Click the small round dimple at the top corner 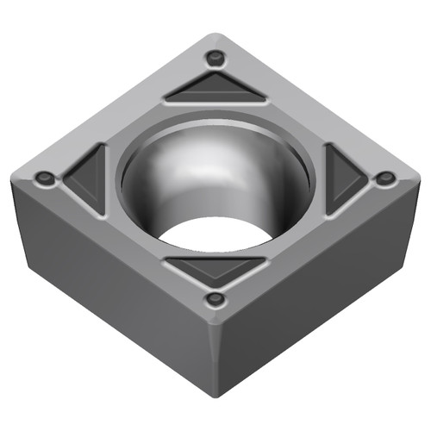click(x=214, y=59)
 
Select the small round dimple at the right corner click(x=386, y=178)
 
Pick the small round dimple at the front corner click(x=215, y=299)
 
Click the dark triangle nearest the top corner click(x=214, y=89)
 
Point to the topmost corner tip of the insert click(x=215, y=36)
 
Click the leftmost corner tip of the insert click(x=11, y=177)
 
